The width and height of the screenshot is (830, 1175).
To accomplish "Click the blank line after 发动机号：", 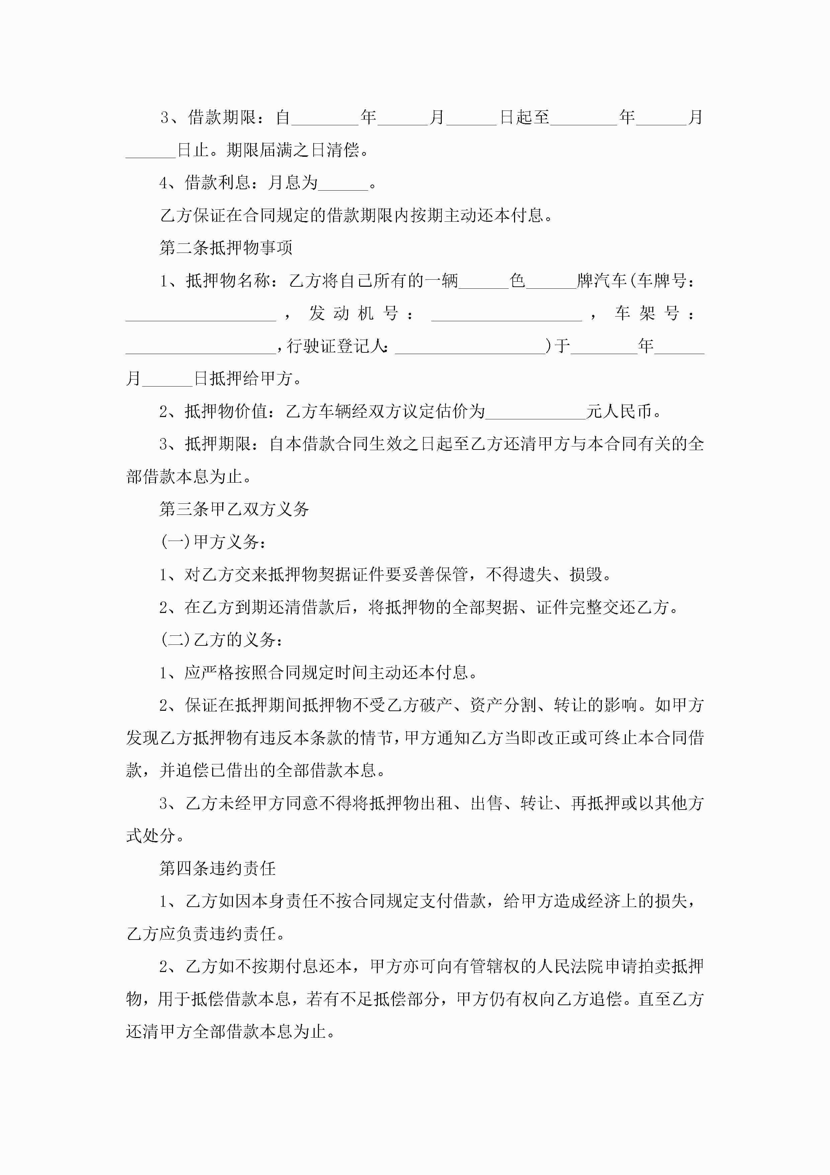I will point(506,314).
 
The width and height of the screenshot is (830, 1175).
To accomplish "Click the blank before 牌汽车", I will point(551,281).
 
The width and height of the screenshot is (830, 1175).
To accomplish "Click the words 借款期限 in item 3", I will point(222,118).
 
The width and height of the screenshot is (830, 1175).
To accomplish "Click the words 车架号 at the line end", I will point(647,314).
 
